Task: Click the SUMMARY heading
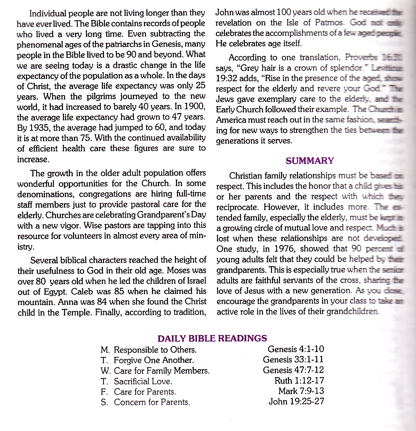tap(310, 161)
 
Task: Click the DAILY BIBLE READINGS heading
tap(212, 338)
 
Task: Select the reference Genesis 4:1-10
tap(296, 349)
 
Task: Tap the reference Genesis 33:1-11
tap(293, 359)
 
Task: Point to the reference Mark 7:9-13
tap(301, 391)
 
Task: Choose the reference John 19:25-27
tap(296, 401)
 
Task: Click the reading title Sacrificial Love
tap(143, 381)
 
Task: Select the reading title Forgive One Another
tap(154, 360)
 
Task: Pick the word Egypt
tap(56, 292)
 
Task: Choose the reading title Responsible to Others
tap(155, 350)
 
